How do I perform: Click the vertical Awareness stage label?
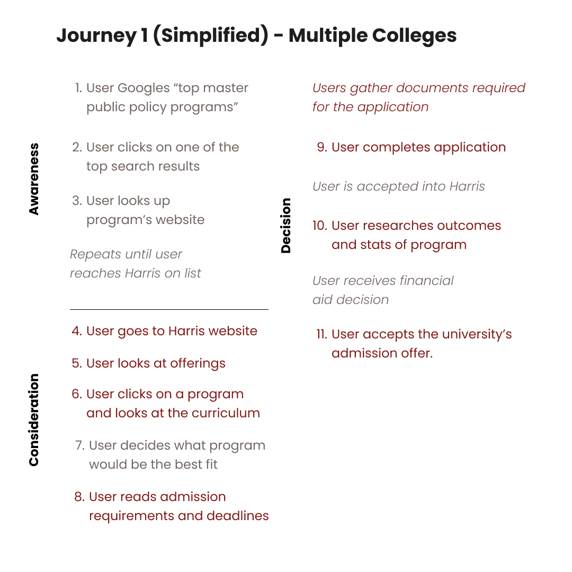(34, 178)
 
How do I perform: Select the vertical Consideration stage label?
(34, 420)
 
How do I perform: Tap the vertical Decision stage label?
(286, 225)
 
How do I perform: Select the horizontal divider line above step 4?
(169, 309)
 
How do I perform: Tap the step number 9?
(322, 147)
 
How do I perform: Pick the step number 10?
(320, 226)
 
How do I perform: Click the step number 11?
(321, 335)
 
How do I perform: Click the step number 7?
(79, 446)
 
